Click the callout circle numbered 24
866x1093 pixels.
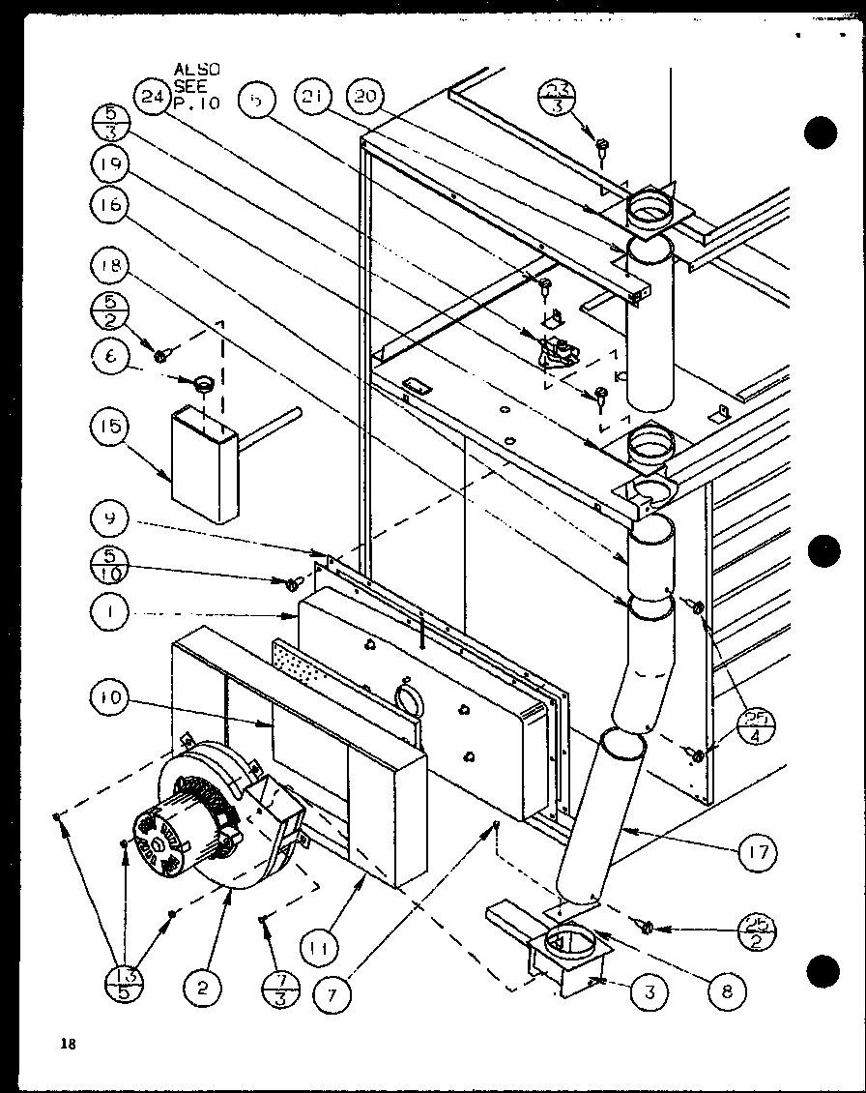(x=152, y=99)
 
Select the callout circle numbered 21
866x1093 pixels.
(x=315, y=99)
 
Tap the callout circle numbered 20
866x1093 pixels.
(x=368, y=98)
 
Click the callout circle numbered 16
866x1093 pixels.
(x=113, y=206)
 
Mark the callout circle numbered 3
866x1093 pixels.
(x=650, y=991)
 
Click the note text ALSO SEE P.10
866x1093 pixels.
(x=196, y=87)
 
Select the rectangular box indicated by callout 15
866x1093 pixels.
(x=204, y=464)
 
